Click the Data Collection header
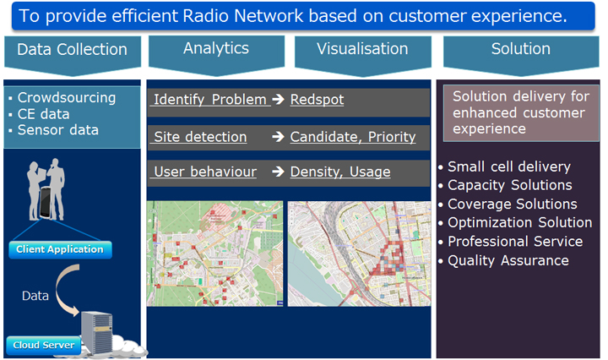[x=72, y=54]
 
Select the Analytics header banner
[x=216, y=53]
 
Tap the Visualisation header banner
[x=362, y=54]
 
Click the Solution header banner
[x=521, y=54]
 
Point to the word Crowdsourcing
[x=67, y=98]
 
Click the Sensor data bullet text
[x=58, y=130]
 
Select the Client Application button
[x=60, y=249]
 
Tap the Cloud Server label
[x=44, y=345]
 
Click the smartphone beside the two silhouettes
[x=46, y=203]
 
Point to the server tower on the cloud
[x=97, y=332]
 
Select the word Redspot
[x=317, y=100]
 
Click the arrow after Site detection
[x=278, y=137]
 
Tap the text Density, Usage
[x=340, y=172]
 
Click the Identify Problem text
[x=210, y=100]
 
